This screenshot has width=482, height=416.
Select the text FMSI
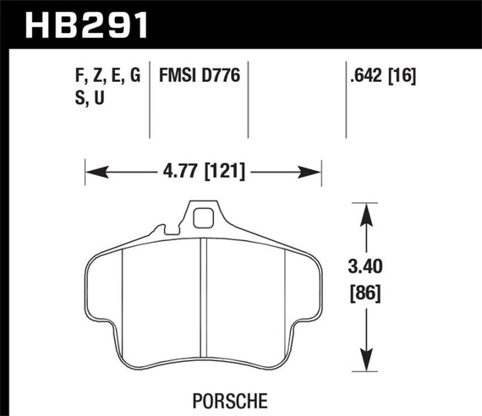(177, 77)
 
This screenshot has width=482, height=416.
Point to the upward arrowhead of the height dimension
(366, 211)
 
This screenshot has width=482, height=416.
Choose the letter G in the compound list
(132, 77)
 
